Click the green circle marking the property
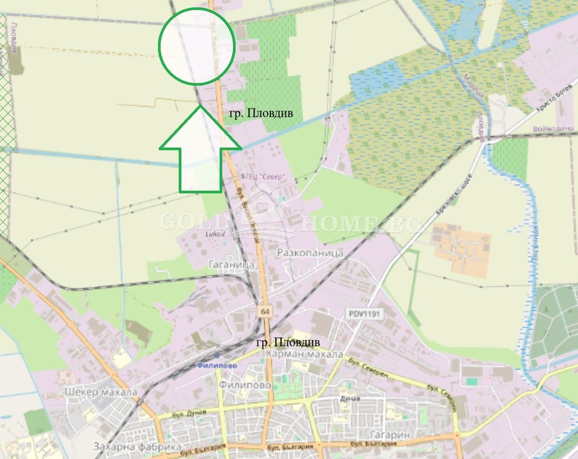(x=197, y=46)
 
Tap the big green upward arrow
(x=201, y=151)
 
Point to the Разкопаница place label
(x=310, y=253)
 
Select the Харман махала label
(x=304, y=354)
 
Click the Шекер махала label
(x=101, y=392)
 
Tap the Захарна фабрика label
(x=137, y=446)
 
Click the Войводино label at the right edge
(x=553, y=129)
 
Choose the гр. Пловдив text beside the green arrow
(x=260, y=113)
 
